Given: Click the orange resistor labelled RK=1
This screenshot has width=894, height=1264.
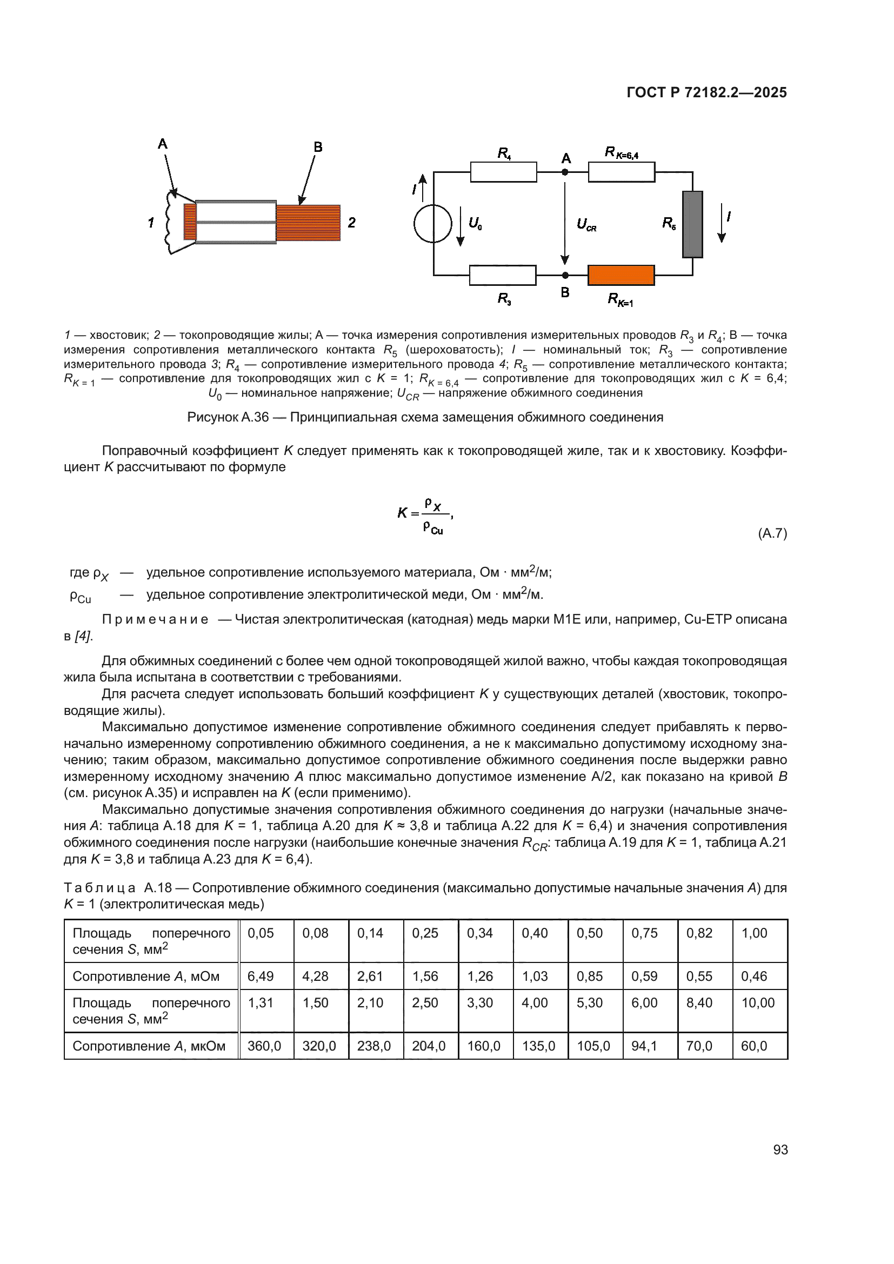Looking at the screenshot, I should point(621,275).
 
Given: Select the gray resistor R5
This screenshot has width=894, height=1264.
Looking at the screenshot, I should point(692,224).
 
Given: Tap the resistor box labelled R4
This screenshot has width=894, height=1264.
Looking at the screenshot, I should point(503,172).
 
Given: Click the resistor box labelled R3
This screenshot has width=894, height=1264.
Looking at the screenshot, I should point(503,275).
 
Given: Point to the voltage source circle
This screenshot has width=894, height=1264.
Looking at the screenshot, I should point(433,224).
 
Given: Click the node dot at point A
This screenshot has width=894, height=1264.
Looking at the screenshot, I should point(565,172).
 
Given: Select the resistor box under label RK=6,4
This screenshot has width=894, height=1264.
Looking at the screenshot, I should point(622,172).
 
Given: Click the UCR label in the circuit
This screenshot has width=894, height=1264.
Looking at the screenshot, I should point(586,225).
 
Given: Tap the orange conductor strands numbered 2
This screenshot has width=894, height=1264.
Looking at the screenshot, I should point(308,223).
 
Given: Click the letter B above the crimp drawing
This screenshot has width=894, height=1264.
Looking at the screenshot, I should point(318,147).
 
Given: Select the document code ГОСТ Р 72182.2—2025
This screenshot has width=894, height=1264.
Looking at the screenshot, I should point(706,92).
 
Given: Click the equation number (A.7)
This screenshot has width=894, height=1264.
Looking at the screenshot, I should point(772,533).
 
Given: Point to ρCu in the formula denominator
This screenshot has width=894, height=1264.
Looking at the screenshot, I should point(433,528).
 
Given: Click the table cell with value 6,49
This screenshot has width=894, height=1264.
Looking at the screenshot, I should point(261,976).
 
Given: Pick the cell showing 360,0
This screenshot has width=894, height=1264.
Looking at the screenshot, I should point(264,1046).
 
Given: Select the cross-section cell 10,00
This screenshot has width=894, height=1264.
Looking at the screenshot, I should point(757,1002).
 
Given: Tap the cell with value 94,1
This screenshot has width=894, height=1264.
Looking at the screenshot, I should point(644,1046).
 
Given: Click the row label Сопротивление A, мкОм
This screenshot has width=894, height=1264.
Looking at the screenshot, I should point(149,1046).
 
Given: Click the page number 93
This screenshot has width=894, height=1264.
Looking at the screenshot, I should point(780,1149).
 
